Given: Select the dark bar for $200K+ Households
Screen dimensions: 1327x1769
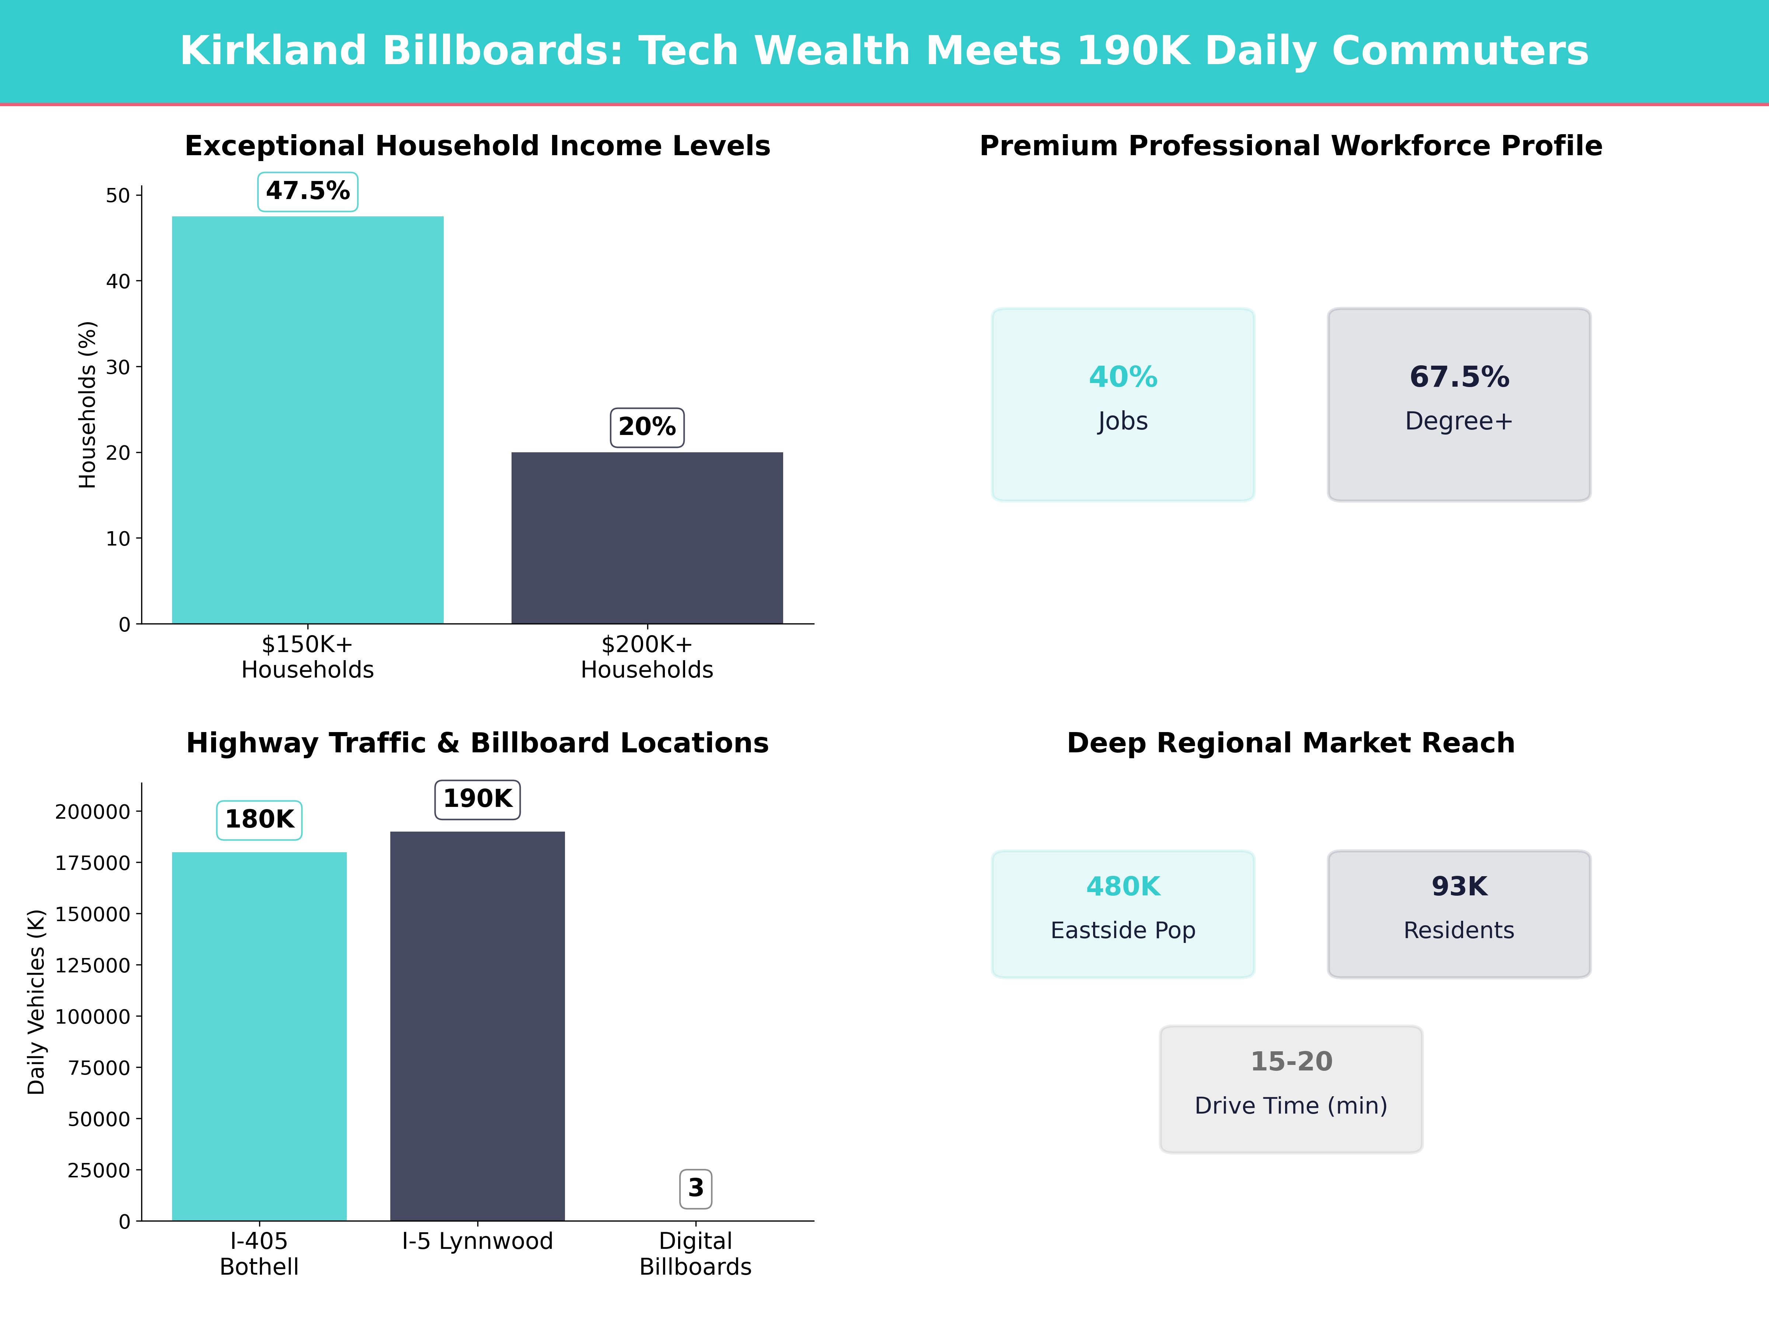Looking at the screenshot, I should tap(647, 537).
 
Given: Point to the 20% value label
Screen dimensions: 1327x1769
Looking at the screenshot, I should tap(647, 427).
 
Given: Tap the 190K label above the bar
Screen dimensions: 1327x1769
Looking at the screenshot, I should tap(477, 799).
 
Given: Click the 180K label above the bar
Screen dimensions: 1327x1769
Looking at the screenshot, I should tap(259, 820).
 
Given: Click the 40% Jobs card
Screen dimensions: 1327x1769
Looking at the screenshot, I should tap(1123, 405).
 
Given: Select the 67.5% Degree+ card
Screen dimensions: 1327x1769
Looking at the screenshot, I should tap(1459, 405).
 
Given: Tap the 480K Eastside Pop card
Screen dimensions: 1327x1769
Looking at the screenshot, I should tap(1123, 913).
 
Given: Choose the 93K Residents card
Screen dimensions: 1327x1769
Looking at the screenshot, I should tap(1459, 913).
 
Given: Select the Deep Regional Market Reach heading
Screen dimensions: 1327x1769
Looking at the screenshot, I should tap(1291, 743).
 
